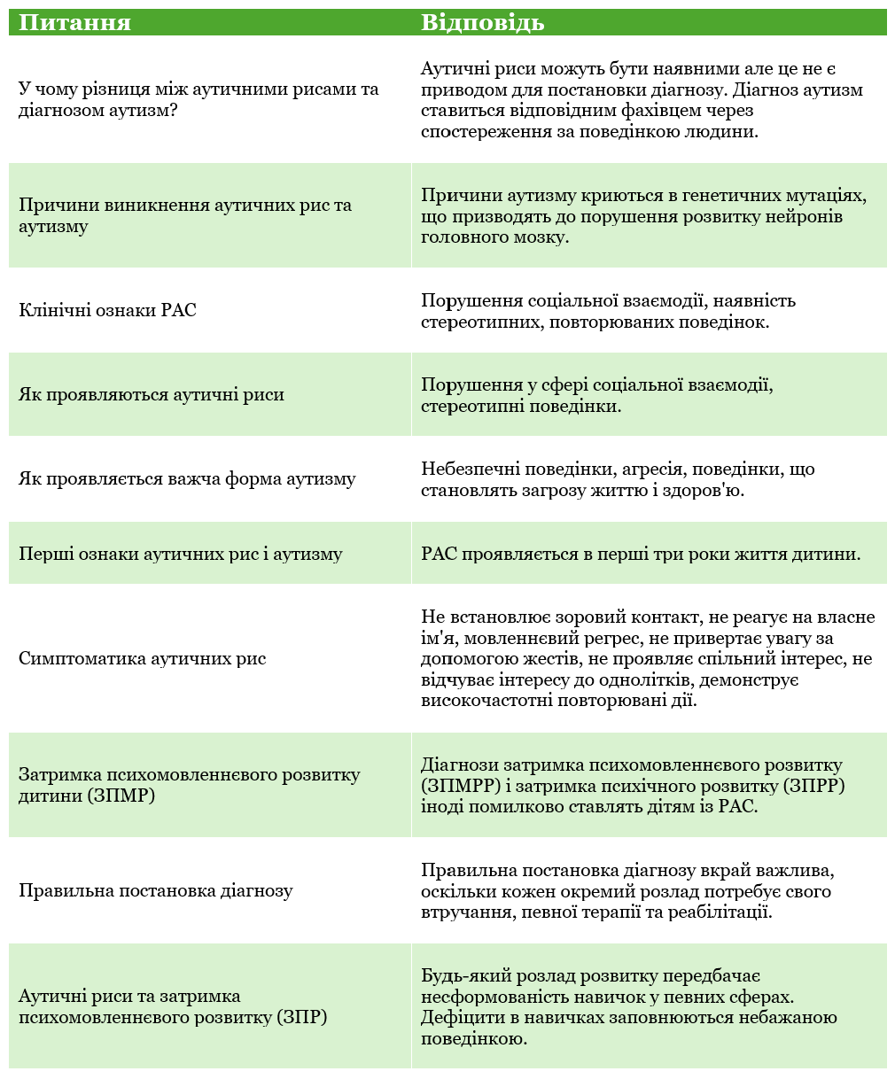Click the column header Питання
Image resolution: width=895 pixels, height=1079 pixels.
pyautogui.click(x=74, y=22)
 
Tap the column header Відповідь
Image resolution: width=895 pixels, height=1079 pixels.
pyautogui.click(x=482, y=22)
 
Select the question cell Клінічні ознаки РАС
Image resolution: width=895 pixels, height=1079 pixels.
pyautogui.click(x=107, y=310)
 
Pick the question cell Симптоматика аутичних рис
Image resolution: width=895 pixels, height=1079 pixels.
pyautogui.click(x=142, y=658)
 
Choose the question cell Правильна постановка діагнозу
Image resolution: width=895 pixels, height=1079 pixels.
pyautogui.click(x=155, y=890)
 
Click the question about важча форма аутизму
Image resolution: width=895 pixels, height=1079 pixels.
pyautogui.click(x=187, y=479)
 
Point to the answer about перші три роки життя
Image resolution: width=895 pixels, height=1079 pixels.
pyautogui.click(x=641, y=555)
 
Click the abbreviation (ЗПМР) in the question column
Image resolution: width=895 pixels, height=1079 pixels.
pyautogui.click(x=121, y=796)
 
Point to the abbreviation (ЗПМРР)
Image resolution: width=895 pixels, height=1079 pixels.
pyautogui.click(x=454, y=786)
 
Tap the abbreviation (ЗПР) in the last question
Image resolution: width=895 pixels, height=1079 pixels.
pyautogui.click(x=301, y=1017)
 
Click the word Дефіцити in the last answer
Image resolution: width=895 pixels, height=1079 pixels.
pyautogui.click(x=458, y=1017)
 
